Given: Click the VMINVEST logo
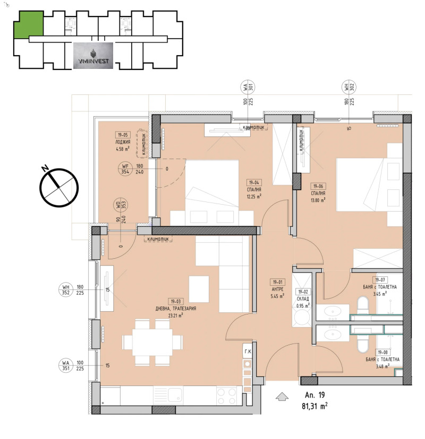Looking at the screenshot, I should (93, 56).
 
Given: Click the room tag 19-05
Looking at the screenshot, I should (123, 135).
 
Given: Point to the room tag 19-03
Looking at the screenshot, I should (177, 301).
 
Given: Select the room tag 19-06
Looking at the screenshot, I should (318, 186).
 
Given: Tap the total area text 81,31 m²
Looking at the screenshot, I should (316, 407).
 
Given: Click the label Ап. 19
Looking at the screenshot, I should (315, 395).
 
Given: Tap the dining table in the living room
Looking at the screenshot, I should (146, 343).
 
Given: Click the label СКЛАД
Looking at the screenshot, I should (303, 298).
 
